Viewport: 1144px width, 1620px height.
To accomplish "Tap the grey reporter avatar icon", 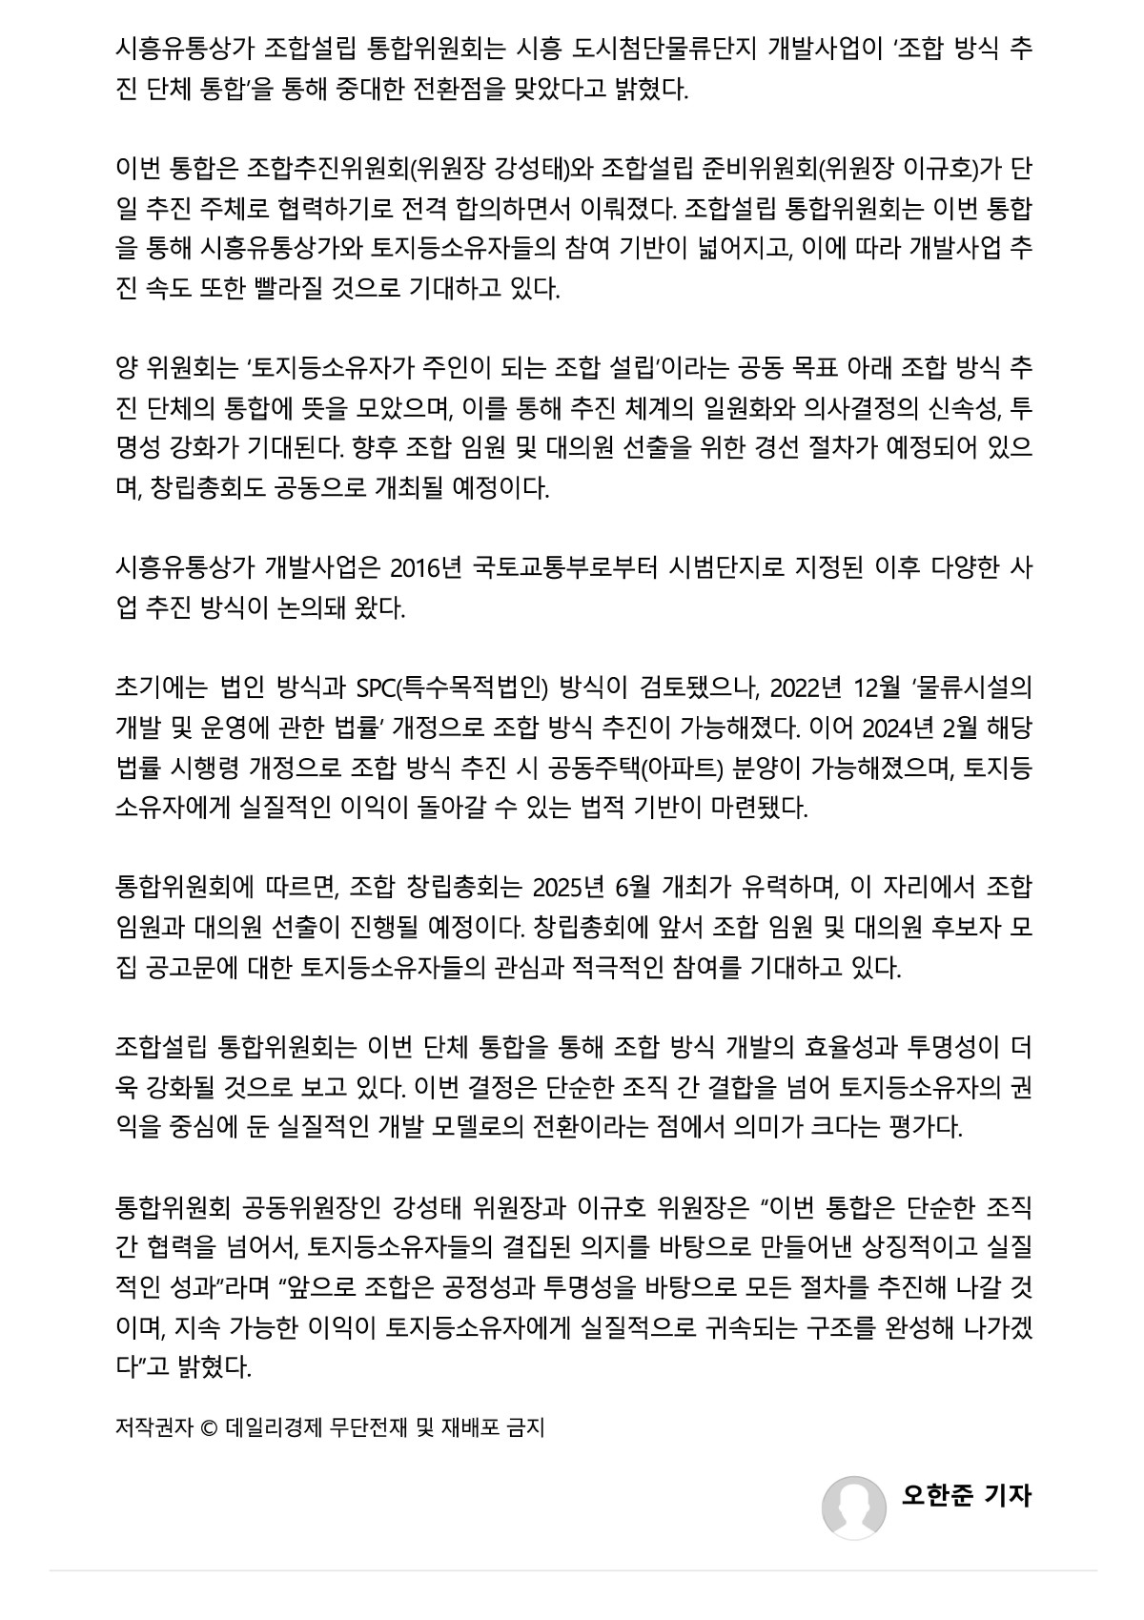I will click(854, 1507).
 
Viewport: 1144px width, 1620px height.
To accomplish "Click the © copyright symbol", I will click(209, 1427).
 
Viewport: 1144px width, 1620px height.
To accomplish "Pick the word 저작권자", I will click(153, 1427).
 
